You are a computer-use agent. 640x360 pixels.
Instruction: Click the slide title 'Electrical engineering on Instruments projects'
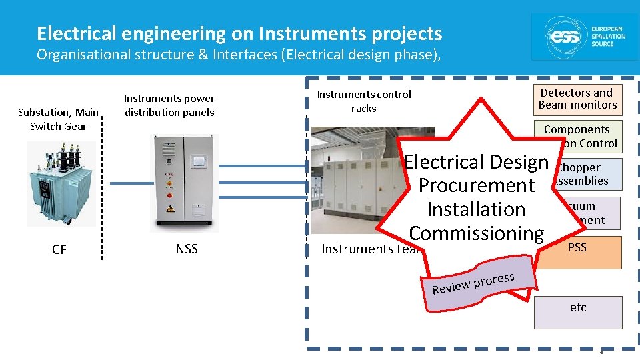point(239,33)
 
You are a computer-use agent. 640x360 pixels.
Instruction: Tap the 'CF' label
point(59,249)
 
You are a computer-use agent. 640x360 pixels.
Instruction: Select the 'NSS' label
point(187,249)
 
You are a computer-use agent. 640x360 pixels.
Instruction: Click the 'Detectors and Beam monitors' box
point(577,99)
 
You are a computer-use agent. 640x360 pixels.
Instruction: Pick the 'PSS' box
point(577,247)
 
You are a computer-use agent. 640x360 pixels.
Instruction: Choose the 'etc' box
point(577,307)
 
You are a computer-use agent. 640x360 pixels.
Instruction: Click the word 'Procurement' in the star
point(477,185)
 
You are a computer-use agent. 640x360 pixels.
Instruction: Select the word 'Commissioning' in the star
point(477,233)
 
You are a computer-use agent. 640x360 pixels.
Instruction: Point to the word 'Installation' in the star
point(476,209)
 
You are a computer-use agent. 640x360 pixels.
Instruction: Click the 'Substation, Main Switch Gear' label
point(58,119)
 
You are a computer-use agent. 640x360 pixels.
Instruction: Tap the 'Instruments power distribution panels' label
point(169,105)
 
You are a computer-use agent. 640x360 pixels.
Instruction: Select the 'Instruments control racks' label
point(364,101)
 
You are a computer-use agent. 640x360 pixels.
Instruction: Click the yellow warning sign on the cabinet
point(170,209)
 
